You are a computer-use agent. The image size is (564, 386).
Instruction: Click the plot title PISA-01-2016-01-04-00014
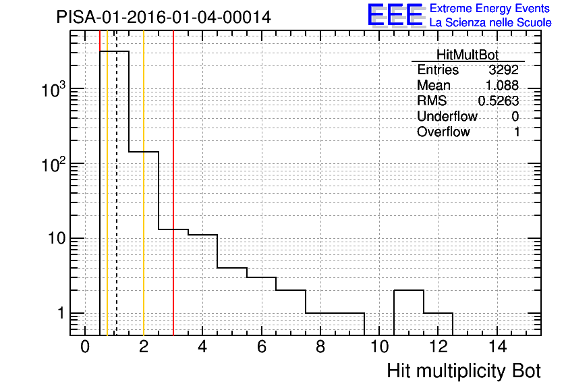point(164,17)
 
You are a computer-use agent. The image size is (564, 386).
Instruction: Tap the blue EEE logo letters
point(395,15)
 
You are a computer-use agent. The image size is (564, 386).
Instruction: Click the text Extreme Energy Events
point(490,8)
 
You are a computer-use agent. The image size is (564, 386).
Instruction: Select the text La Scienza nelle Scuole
point(490,23)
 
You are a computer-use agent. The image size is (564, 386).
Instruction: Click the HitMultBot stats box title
point(468,55)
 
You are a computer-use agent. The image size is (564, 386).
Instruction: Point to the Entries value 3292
point(503,70)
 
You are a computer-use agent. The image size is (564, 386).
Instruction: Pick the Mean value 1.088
point(502,85)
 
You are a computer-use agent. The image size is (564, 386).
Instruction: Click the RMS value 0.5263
point(499,101)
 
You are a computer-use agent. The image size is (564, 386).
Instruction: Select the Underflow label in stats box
point(447,117)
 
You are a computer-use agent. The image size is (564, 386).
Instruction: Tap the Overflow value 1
point(517,132)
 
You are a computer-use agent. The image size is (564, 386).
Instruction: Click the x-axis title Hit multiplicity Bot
point(463,371)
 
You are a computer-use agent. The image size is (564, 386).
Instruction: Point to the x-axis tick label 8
point(320,347)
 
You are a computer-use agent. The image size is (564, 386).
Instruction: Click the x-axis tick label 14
point(497,347)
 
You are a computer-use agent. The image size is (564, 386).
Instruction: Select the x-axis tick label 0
point(85,347)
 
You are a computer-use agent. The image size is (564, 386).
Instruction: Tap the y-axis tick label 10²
point(53,164)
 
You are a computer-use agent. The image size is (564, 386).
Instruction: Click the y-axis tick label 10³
point(53,89)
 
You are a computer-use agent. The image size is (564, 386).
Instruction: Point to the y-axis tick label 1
point(61,313)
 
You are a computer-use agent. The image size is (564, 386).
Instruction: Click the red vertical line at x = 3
point(173,183)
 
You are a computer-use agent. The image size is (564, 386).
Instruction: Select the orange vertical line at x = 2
point(144,183)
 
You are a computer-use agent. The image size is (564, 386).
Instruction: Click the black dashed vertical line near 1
point(117,183)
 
